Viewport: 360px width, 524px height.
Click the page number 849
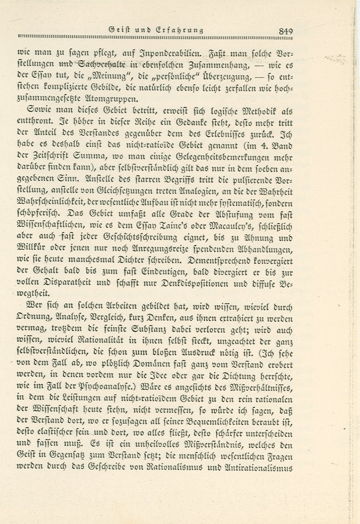[x=285, y=31]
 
